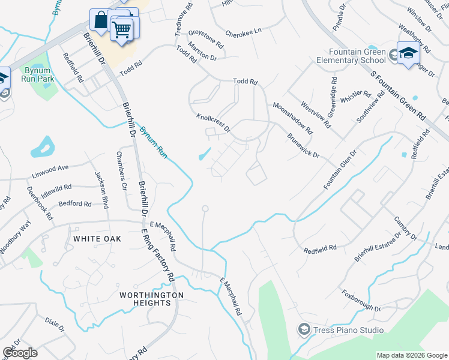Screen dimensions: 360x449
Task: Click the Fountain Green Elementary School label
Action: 357,56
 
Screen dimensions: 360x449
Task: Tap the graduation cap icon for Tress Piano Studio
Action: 304,329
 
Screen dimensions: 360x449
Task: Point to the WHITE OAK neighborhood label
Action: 97,239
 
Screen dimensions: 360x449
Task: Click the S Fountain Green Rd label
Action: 397,95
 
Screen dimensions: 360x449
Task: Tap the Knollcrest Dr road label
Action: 213,122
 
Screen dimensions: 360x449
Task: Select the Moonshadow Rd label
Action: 292,118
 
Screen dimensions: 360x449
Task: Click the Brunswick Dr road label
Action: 303,145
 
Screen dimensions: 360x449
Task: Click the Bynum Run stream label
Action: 153,142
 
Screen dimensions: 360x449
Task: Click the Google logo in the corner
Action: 20,353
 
